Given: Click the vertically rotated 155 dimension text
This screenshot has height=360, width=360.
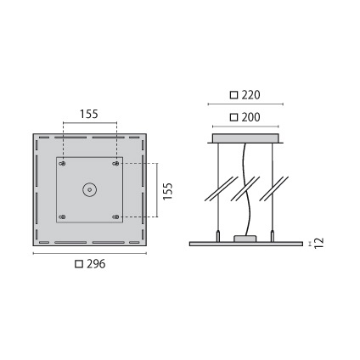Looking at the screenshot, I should [x=168, y=191].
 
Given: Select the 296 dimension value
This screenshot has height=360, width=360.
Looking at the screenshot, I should [x=95, y=264].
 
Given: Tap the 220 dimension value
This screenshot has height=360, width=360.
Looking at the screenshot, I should [x=250, y=94].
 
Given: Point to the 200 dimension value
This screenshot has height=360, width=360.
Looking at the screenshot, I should [x=250, y=117].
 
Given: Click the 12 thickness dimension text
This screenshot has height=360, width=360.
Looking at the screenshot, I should [x=318, y=243].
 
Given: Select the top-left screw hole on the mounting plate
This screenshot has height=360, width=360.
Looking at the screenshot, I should [x=62, y=163].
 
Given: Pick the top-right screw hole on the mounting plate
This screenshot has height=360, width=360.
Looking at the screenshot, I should [x=116, y=163].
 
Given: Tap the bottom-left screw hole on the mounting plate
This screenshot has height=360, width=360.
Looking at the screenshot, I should [x=62, y=218].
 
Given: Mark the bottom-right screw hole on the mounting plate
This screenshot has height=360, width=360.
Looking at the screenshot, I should [x=116, y=218].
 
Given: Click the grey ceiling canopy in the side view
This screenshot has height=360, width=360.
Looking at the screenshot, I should [x=245, y=138].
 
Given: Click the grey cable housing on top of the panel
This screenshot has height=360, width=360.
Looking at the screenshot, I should [x=245, y=239].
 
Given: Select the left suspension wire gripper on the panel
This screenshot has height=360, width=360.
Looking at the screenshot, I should [x=219, y=237].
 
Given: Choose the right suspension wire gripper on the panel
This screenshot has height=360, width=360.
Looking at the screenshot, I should [x=273, y=237].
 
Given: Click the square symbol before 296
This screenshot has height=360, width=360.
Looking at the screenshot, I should [x=79, y=264].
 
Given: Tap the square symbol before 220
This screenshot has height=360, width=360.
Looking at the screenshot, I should [x=234, y=94].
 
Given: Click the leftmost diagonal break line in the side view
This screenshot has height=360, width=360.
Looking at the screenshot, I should [x=217, y=188].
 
